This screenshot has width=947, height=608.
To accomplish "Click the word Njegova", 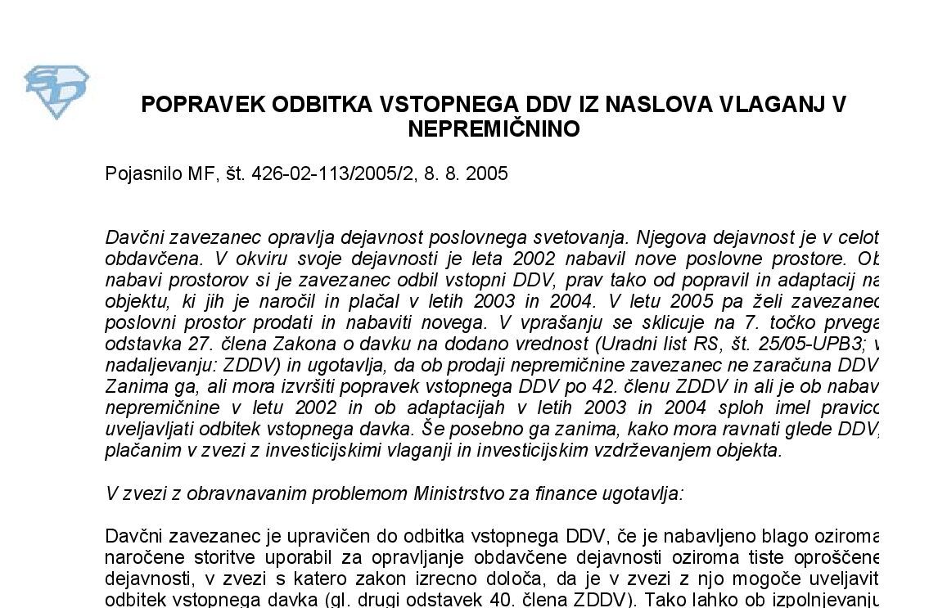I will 663,238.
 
